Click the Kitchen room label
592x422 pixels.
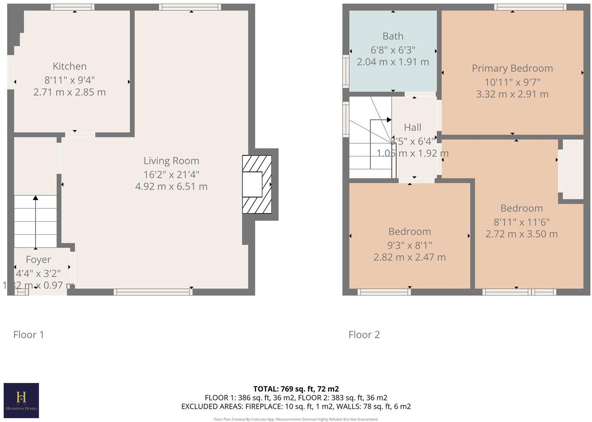point(69,66)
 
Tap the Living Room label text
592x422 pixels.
point(171,161)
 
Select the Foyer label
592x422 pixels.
point(38,259)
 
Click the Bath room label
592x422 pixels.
point(393,37)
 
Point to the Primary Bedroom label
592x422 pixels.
point(512,68)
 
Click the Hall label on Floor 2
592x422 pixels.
point(413,127)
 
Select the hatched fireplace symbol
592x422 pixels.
point(257,184)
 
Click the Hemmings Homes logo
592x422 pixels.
point(21,400)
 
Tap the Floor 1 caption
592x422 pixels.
point(28,335)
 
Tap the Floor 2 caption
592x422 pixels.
point(364,335)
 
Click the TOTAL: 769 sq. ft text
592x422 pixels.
point(296,389)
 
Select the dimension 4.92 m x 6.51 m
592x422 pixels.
point(171,186)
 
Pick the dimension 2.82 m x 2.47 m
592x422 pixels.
point(410,257)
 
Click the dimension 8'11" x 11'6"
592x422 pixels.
point(521,222)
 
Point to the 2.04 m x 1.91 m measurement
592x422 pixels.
point(393,62)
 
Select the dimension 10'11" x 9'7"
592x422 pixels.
point(512,82)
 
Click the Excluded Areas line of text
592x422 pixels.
point(296,406)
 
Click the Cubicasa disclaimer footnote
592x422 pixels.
point(296,419)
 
